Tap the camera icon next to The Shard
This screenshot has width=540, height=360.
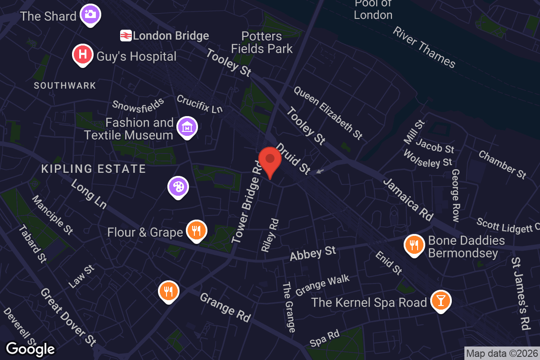pyautogui.click(x=90, y=14)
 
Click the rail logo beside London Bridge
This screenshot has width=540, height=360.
pyautogui.click(x=126, y=36)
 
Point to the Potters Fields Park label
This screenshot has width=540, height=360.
pyautogui.click(x=262, y=42)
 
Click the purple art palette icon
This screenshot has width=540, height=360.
pyautogui.click(x=178, y=187)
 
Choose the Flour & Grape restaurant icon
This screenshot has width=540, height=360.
pyautogui.click(x=196, y=230)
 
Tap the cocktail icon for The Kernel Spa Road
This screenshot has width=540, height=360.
pyautogui.click(x=441, y=300)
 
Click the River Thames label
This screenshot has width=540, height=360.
pyautogui.click(x=424, y=47)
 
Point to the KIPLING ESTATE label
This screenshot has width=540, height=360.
pyautogui.click(x=94, y=169)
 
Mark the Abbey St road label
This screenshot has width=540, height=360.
pyautogui.click(x=313, y=253)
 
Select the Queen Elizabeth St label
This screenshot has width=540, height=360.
pyautogui.click(x=328, y=112)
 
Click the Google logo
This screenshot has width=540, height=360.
pyautogui.click(x=31, y=349)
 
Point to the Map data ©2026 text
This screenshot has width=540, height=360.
pyautogui.click(x=501, y=354)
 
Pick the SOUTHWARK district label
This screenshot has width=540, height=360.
pyautogui.click(x=65, y=85)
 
